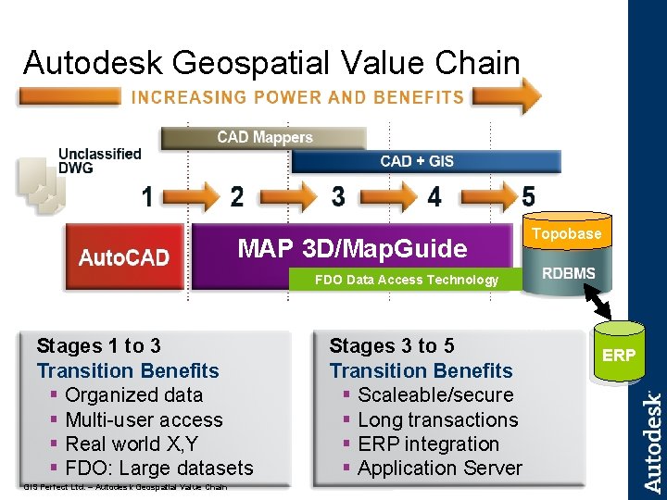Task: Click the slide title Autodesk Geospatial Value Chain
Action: tap(271, 63)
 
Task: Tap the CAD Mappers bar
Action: tap(264, 138)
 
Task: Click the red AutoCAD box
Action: tap(124, 256)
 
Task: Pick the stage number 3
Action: tap(339, 197)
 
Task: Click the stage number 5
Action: tap(528, 197)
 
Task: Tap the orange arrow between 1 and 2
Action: tap(192, 196)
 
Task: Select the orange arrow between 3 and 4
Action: tap(386, 196)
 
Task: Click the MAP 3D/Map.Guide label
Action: tap(352, 248)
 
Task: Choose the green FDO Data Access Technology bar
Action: tap(407, 280)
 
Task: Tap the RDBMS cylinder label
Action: tap(569, 274)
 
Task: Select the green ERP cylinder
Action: tap(619, 355)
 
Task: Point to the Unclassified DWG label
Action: tap(99, 161)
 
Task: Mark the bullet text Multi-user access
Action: tap(144, 419)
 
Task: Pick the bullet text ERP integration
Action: tap(428, 444)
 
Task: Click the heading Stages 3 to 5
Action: tap(392, 346)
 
